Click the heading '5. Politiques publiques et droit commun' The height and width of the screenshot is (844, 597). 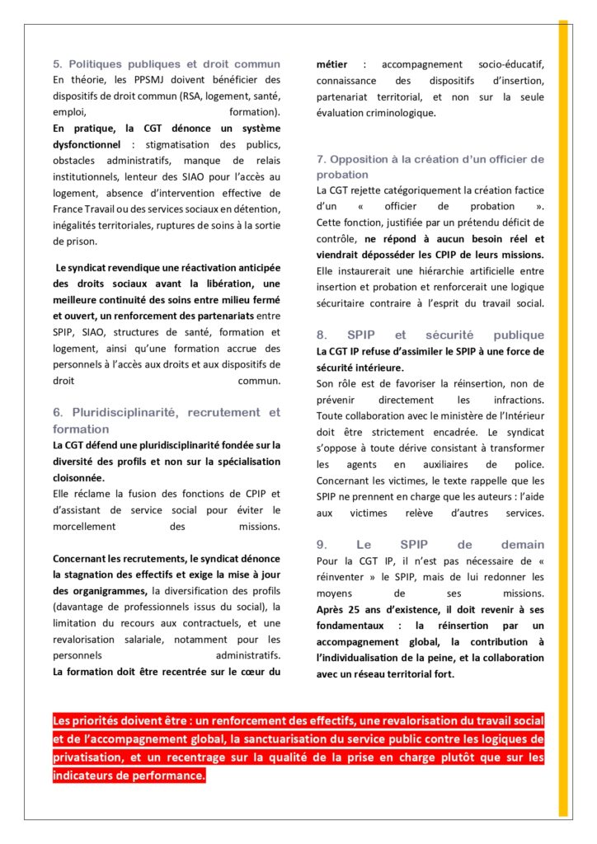tap(166, 63)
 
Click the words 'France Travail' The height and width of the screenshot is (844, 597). tap(88, 208)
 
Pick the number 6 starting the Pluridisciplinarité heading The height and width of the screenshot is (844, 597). tap(57, 412)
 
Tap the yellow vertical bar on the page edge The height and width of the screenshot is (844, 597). tap(563, 412)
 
